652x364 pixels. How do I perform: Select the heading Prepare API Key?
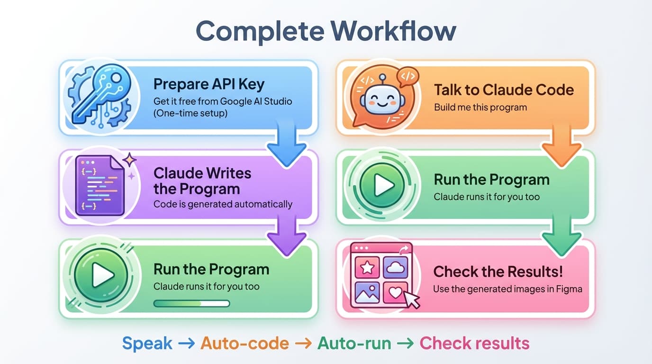tap(208, 84)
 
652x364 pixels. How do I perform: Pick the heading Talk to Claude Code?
tap(504, 90)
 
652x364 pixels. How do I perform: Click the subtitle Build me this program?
tap(480, 107)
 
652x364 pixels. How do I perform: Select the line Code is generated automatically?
tap(223, 204)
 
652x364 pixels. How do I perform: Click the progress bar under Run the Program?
tap(191, 303)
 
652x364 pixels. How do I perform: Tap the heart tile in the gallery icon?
tap(395, 292)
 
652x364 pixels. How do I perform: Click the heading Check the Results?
tap(498, 272)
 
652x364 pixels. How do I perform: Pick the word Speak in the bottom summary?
tap(147, 343)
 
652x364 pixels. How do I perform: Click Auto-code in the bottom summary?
tap(244, 343)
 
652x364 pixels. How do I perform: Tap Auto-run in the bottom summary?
tap(354, 343)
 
